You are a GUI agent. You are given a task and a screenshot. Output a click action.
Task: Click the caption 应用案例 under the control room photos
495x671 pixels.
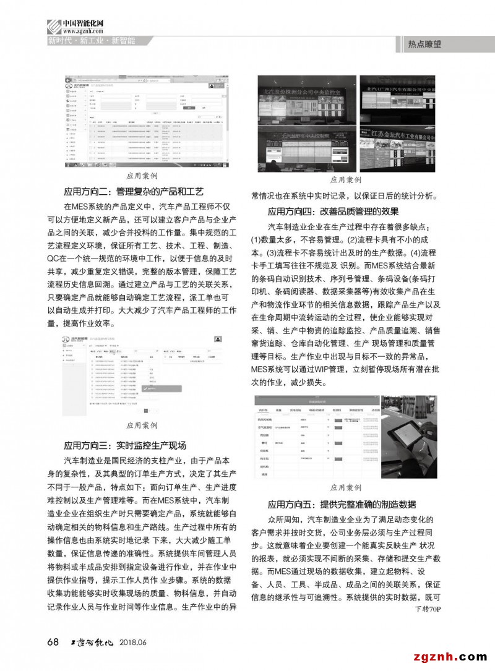[x=345, y=179]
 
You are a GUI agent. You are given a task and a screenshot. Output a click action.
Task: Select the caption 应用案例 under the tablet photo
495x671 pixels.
[x=345, y=487]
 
